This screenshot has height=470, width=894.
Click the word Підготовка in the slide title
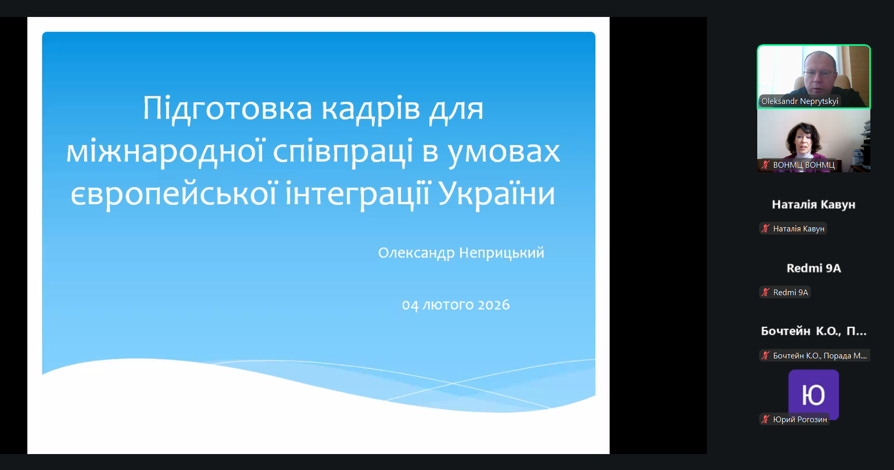[227, 109]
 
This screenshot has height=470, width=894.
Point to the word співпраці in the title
[342, 152]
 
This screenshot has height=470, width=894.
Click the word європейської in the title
[173, 194]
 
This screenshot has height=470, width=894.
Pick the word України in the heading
[497, 193]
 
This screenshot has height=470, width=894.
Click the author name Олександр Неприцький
[461, 253]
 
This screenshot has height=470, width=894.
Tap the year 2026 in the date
[494, 305]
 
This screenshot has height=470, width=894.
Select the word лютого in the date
[448, 305]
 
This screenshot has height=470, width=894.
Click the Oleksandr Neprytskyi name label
[799, 101]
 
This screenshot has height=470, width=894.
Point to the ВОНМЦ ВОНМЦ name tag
[804, 165]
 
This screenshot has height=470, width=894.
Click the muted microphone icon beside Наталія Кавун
[765, 228]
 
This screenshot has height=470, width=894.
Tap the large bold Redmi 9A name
[814, 268]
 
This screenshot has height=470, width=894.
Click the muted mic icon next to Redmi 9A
[765, 292]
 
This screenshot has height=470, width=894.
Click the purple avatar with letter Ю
[814, 394]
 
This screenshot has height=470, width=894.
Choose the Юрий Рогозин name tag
[800, 420]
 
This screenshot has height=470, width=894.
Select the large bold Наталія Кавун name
[814, 205]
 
